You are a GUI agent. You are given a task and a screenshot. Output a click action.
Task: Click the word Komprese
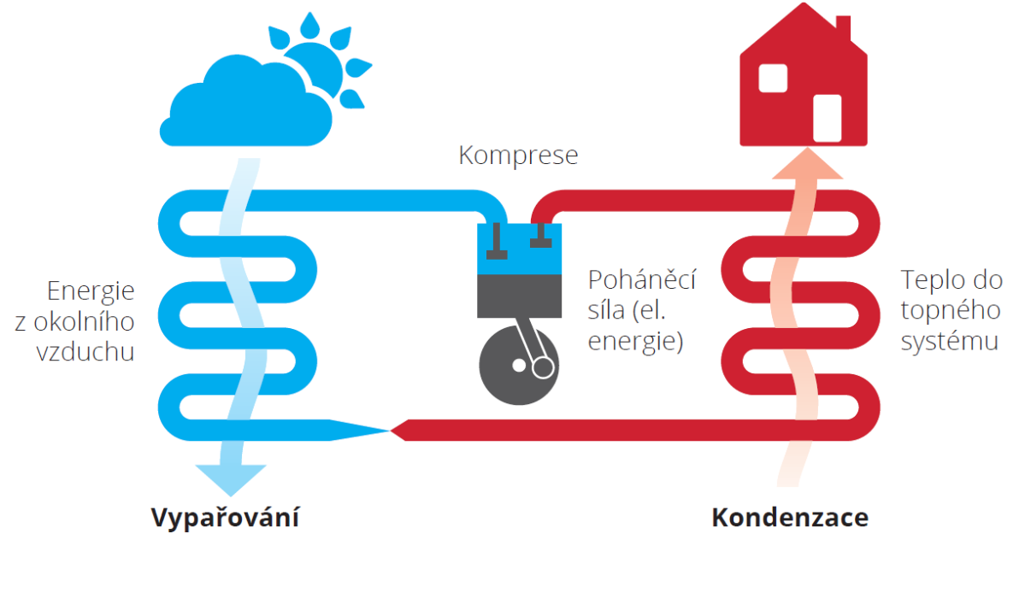click(x=518, y=155)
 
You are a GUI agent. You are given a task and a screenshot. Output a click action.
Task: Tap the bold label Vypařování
click(x=225, y=518)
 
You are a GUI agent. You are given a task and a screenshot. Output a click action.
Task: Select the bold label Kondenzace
click(x=790, y=518)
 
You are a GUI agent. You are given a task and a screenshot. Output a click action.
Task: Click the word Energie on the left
click(x=91, y=291)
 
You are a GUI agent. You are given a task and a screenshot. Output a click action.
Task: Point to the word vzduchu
click(x=85, y=352)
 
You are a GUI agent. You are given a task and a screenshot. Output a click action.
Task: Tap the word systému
click(x=949, y=342)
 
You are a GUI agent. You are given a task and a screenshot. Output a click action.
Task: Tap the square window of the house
click(x=773, y=78)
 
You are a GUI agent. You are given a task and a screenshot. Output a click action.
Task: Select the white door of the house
click(x=827, y=118)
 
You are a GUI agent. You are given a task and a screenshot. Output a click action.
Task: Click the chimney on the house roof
click(x=843, y=30)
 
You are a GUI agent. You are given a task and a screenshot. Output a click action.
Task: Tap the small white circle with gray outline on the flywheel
click(x=541, y=369)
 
